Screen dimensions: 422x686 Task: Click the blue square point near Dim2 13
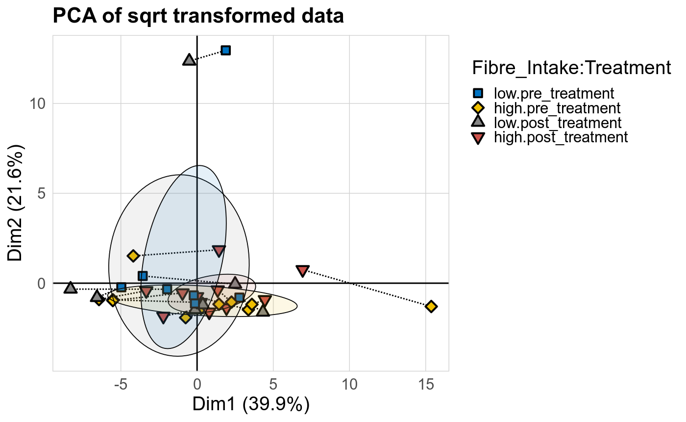point(225,50)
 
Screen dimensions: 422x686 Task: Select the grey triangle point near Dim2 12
point(189,60)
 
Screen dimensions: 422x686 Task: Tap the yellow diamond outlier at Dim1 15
point(431,306)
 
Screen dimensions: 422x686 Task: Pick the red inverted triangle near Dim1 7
point(302,270)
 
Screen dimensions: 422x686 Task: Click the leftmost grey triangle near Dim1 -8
point(71,288)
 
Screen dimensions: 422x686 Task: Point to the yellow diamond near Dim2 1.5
point(133,256)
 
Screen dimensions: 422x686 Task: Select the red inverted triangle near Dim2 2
point(219,251)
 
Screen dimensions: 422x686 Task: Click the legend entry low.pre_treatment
point(554,93)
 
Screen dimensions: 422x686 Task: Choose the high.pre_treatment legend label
point(557,107)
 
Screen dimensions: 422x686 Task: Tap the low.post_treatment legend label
point(558,122)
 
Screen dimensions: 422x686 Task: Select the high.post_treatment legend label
point(561,137)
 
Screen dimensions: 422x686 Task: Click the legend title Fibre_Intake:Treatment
point(571,68)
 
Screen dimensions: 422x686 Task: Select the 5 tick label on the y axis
point(43,193)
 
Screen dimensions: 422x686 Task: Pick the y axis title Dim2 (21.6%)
point(16,203)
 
